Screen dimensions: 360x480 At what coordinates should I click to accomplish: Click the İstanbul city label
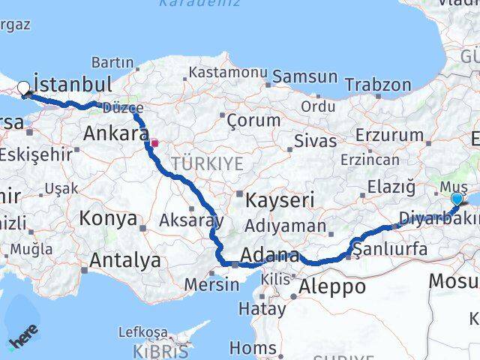(73, 83)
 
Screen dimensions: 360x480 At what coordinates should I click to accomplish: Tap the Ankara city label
(116, 134)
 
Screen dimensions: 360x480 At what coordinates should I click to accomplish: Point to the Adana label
(271, 255)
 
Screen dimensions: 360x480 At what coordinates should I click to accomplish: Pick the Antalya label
(125, 260)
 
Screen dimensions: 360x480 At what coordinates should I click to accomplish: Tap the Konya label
(109, 219)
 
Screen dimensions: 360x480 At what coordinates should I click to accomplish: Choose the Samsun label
(305, 76)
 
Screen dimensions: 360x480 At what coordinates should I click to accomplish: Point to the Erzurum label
(390, 135)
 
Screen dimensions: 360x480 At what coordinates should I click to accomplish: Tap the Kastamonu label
(228, 73)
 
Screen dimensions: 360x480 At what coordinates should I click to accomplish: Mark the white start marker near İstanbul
(24, 88)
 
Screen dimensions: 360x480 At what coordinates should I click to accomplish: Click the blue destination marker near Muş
(457, 199)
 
